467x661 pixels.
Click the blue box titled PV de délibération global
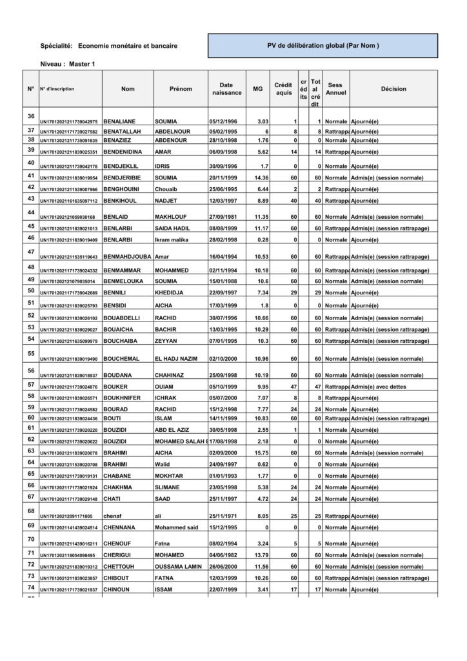coord(323,46)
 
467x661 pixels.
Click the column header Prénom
coord(181,89)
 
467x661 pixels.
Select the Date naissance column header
coord(226,89)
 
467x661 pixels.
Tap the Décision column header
coord(393,89)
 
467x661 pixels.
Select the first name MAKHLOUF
coord(170,217)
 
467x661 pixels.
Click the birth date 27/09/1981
coord(223,217)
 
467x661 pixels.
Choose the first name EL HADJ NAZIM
coord(177,358)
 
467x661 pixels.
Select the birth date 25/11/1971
coord(223,516)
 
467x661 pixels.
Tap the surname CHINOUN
coord(118,589)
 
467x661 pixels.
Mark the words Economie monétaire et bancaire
coord(127,46)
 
